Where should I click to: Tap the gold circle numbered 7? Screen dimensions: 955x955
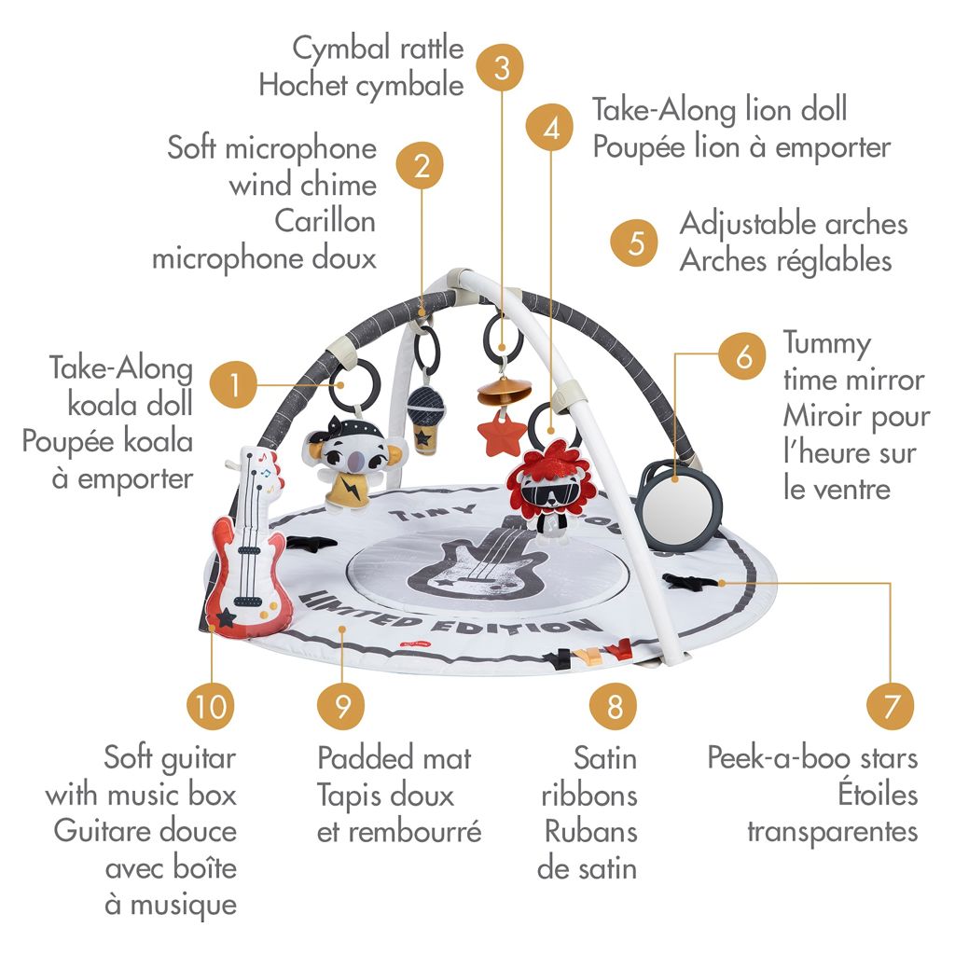(891, 706)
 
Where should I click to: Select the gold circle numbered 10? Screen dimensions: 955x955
(212, 706)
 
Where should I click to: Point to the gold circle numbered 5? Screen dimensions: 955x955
(636, 242)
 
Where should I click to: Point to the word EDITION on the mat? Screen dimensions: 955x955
(527, 625)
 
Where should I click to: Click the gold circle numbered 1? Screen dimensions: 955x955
(235, 384)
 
